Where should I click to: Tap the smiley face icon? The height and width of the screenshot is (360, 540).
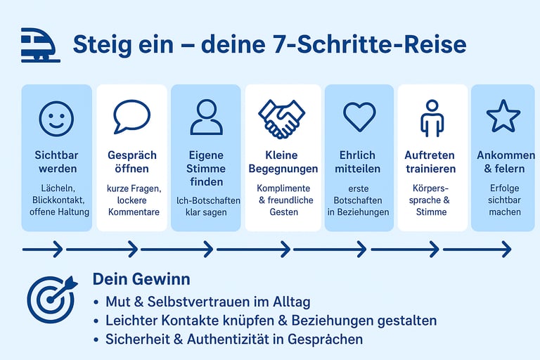pyautogui.click(x=56, y=117)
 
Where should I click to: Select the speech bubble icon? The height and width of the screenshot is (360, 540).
pyautogui.click(x=131, y=117)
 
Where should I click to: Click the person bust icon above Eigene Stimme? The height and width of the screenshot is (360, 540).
pyautogui.click(x=206, y=117)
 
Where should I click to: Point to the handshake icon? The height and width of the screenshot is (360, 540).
pyautogui.click(x=281, y=117)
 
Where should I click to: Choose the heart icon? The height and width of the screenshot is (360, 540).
pyautogui.click(x=359, y=116)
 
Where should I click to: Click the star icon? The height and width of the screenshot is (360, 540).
pyautogui.click(x=503, y=116)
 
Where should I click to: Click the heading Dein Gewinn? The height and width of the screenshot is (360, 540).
pyautogui.click(x=141, y=279)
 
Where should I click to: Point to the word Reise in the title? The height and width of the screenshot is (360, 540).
pyautogui.click(x=437, y=44)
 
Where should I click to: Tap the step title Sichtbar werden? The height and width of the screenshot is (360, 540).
pyautogui.click(x=56, y=162)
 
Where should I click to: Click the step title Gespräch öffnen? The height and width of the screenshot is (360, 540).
pyautogui.click(x=131, y=162)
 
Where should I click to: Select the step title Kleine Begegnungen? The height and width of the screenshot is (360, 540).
pyautogui.click(x=282, y=162)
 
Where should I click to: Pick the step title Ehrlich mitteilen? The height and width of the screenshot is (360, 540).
pyautogui.click(x=359, y=162)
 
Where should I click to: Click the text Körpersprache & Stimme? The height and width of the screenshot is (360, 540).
pyautogui.click(x=432, y=200)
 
